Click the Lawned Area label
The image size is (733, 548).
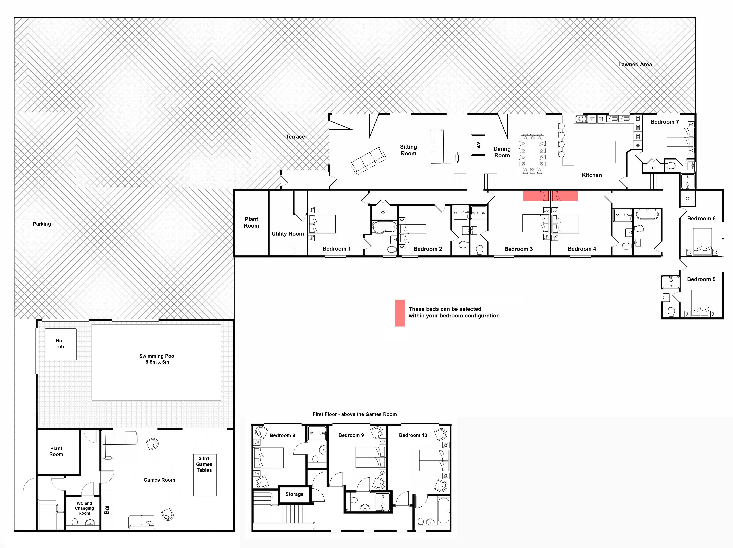coord(635,65)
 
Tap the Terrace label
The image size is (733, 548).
coord(295,136)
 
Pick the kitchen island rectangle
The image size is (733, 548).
coord(608,152)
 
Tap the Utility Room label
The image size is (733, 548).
coord(288,234)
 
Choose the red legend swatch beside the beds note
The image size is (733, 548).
coord(400,313)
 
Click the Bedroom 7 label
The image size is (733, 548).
coord(665,122)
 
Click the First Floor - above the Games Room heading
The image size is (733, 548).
coord(355,414)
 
